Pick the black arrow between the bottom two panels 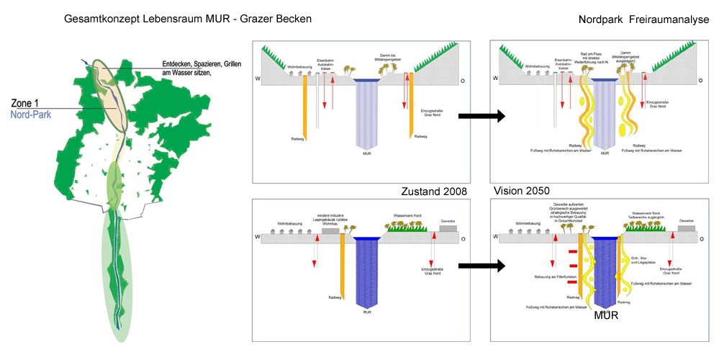(x=481, y=266)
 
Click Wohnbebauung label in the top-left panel (x=299, y=67)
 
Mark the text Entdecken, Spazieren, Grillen (x=203, y=63)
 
